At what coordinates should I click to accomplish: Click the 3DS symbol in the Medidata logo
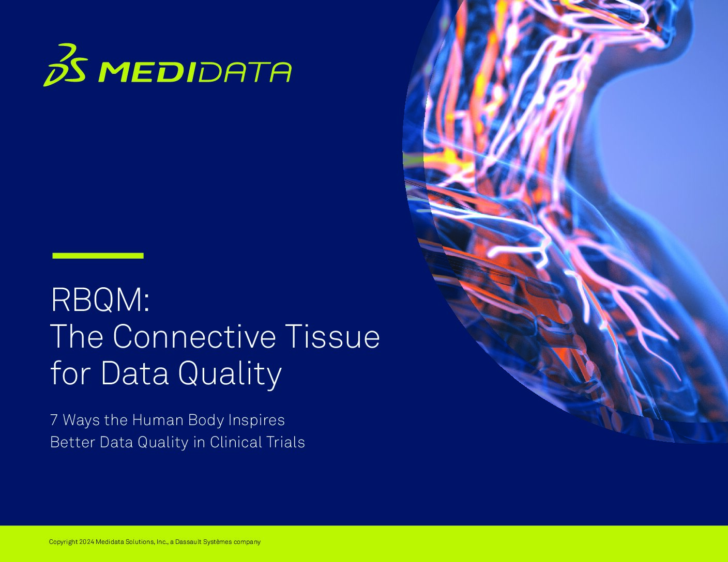point(65,65)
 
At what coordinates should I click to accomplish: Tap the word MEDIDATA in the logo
point(194,72)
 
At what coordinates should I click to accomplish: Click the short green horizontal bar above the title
point(98,256)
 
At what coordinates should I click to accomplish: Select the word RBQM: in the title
point(100,300)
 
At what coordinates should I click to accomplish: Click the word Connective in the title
point(194,336)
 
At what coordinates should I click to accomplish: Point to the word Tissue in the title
point(333,336)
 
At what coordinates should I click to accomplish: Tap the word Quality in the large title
point(230,374)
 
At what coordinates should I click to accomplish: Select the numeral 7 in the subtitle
point(54,420)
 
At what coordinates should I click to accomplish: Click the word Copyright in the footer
point(63,541)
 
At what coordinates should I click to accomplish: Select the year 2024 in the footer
point(86,541)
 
